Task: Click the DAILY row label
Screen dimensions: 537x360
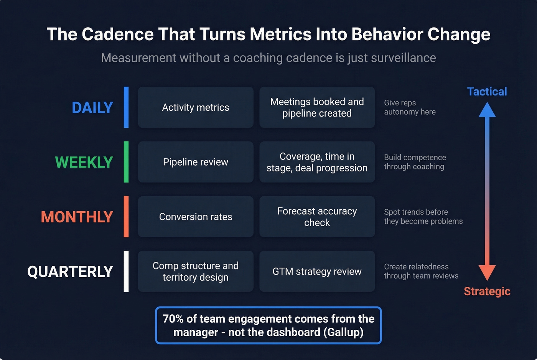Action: [92, 108]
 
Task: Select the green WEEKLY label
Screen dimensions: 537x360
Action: [84, 162]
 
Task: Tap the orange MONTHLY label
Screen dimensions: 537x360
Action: [77, 217]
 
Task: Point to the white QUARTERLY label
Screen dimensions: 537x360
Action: [70, 272]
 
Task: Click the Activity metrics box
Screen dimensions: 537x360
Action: [196, 107]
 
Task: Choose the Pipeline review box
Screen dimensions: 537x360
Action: [196, 162]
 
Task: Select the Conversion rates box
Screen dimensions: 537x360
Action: [196, 217]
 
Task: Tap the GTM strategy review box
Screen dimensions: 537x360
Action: [317, 271]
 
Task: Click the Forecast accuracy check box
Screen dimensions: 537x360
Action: [317, 217]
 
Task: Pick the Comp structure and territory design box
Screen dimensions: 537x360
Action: [196, 271]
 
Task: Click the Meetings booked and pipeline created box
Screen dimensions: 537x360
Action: [317, 107]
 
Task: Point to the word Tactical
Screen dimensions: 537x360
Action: [487, 92]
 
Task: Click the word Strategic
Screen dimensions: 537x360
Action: [487, 291]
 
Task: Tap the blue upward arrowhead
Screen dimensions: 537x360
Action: [487, 110]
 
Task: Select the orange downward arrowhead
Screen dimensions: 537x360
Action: [487, 272]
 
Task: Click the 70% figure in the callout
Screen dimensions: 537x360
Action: [173, 319]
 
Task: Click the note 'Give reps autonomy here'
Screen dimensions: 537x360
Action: [410, 107]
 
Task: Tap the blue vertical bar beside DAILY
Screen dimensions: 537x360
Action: [126, 107]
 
